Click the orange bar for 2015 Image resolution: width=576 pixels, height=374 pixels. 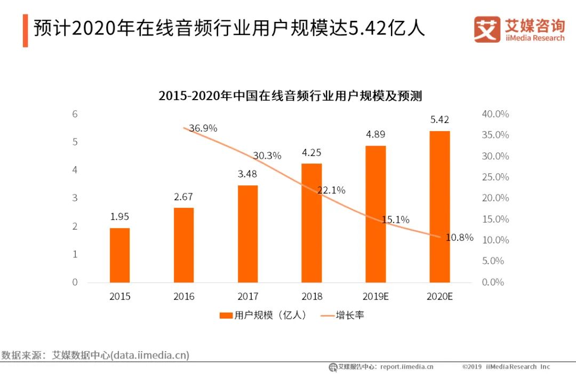(x=119, y=255)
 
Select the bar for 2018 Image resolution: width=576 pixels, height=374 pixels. (x=311, y=223)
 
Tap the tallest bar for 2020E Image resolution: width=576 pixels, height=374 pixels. (x=439, y=207)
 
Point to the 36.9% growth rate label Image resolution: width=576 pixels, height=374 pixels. (x=203, y=128)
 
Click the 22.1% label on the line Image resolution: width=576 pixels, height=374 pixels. (x=331, y=190)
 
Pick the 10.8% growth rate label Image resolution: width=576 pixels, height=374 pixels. (x=459, y=238)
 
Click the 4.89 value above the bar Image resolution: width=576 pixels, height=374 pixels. (x=375, y=134)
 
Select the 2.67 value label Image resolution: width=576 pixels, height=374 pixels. (x=183, y=197)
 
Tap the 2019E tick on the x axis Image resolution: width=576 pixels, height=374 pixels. (x=375, y=297)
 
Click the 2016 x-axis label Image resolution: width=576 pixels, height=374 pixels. (x=183, y=297)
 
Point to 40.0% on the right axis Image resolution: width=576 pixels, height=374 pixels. (x=495, y=114)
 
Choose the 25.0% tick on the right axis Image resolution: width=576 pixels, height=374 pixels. (x=495, y=177)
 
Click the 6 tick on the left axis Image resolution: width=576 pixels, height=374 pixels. (x=75, y=114)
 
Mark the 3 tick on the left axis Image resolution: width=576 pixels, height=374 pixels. (x=75, y=198)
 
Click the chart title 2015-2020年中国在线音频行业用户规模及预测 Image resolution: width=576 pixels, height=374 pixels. (x=290, y=96)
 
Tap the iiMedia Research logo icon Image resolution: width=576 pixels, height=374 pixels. (x=487, y=29)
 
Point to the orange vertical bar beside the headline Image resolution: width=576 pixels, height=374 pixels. (x=25, y=31)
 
